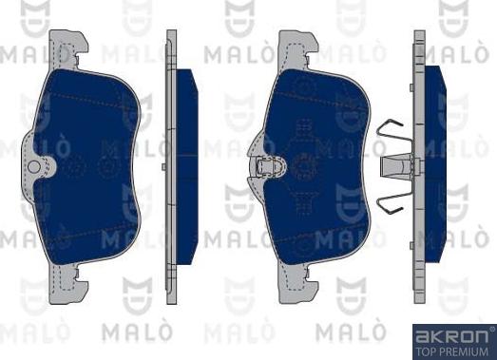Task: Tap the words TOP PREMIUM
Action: [453, 351]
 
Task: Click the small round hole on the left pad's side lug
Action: [34, 167]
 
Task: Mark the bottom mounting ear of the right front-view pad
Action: [296, 281]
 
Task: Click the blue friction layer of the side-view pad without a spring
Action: [186, 161]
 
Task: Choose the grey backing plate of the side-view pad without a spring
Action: [171, 161]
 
